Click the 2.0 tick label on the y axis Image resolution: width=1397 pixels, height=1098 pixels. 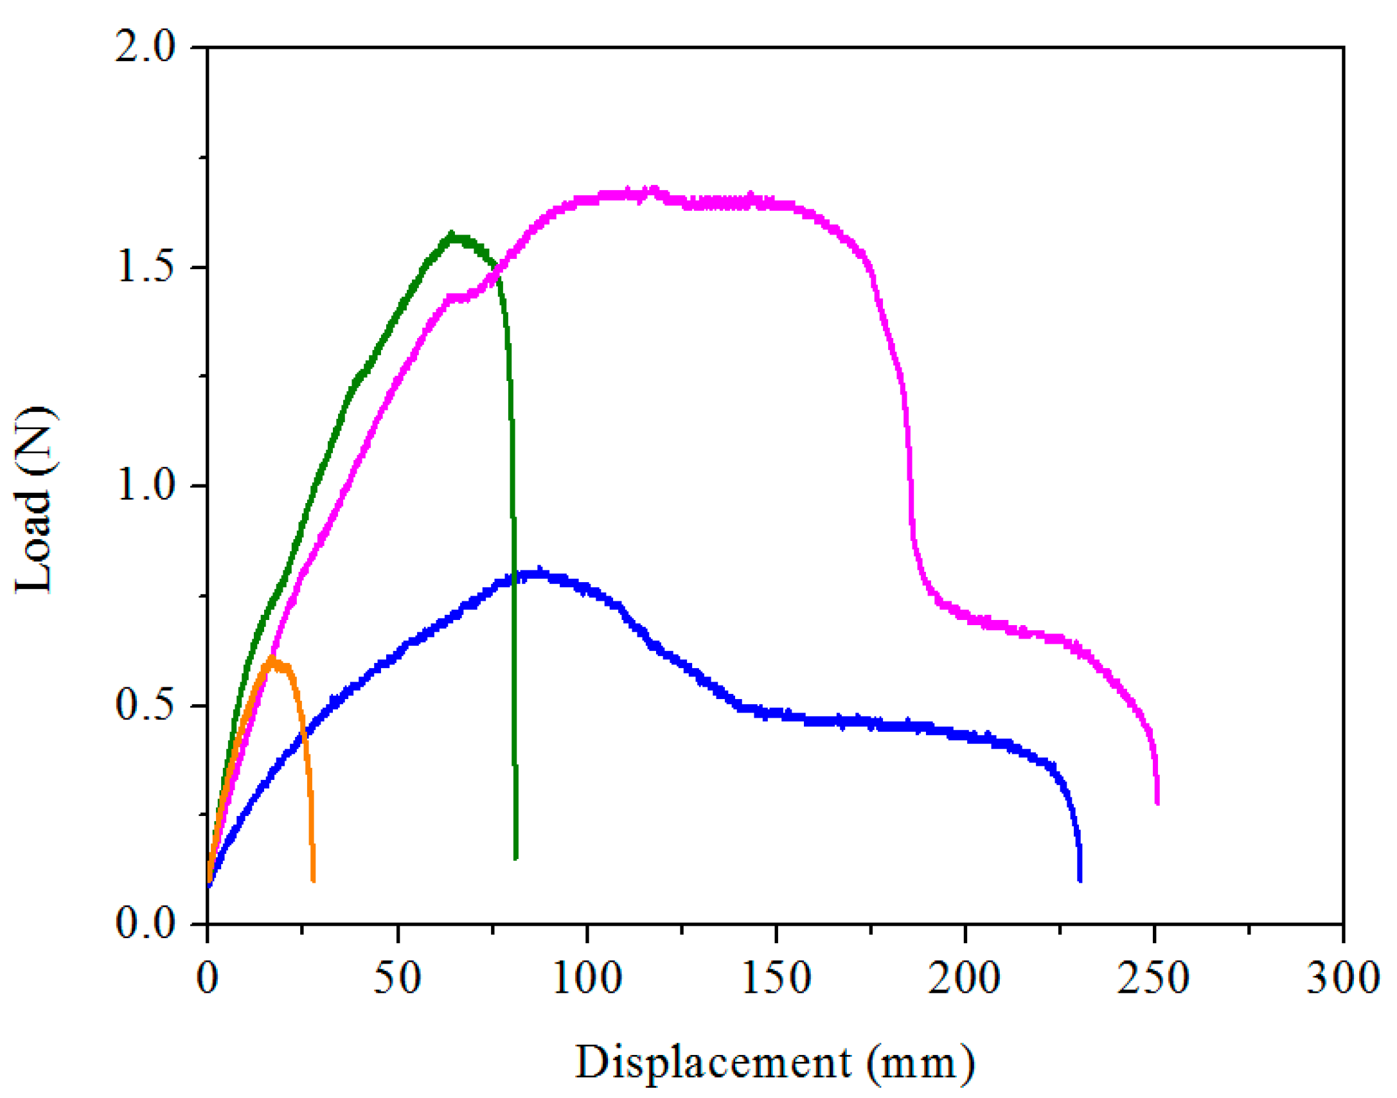145,48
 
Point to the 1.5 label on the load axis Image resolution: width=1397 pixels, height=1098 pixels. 145,267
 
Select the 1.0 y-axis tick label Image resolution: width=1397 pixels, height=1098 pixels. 145,486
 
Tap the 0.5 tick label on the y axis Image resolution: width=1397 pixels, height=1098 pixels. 145,705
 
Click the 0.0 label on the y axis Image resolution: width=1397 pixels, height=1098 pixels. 145,924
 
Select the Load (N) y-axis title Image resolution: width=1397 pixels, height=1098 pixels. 35,500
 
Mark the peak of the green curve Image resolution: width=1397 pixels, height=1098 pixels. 452,235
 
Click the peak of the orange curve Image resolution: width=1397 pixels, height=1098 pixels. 272,659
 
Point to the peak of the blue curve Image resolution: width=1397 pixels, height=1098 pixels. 538,571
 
